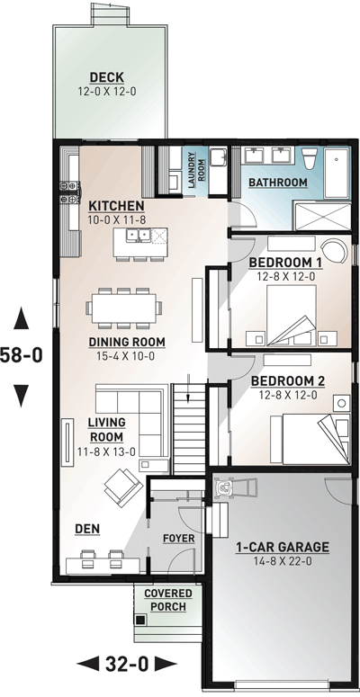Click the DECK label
click(x=107, y=77)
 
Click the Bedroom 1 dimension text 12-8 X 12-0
click(x=285, y=276)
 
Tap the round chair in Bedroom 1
click(x=334, y=251)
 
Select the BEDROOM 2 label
click(x=288, y=381)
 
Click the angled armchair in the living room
click(x=123, y=487)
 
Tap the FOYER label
click(x=179, y=539)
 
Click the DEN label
click(x=87, y=529)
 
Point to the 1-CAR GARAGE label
click(x=282, y=547)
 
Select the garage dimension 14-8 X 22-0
click(x=282, y=561)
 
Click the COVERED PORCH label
click(x=168, y=600)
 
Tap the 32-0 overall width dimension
click(x=127, y=664)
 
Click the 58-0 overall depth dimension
click(x=21, y=355)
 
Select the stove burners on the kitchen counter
click(x=70, y=192)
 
